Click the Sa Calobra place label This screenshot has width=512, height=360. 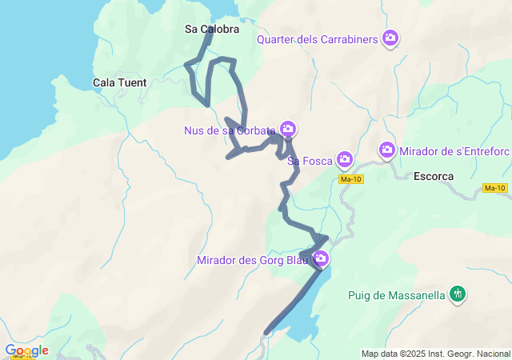coord(211,29)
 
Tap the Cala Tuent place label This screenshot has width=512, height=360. coord(119,82)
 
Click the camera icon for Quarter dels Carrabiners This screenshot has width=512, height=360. coord(390,38)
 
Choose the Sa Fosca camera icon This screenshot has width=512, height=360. coord(345,160)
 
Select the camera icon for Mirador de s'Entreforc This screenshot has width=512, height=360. coord(387,150)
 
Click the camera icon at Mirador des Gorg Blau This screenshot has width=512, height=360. coord(321,258)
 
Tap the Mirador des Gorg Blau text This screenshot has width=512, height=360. coord(254,259)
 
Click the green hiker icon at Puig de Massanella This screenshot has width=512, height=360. coord(457,294)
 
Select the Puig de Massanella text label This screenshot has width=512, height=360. coord(396,295)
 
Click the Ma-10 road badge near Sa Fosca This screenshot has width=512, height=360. coord(350,179)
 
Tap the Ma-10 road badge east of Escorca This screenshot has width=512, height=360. coord(495,188)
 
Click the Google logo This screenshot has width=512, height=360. coord(26,350)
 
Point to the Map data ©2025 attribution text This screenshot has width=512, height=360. coord(435,354)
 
